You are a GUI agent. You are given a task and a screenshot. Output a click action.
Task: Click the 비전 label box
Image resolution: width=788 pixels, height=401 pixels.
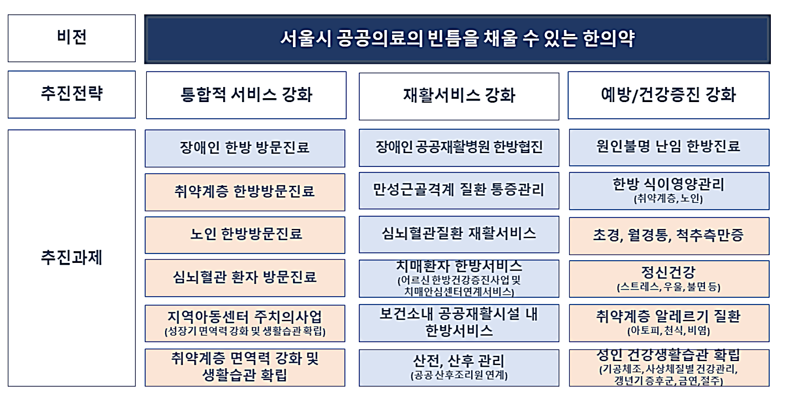coord(71,38)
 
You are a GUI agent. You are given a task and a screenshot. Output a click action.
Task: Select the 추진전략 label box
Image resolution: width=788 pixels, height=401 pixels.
coord(71,94)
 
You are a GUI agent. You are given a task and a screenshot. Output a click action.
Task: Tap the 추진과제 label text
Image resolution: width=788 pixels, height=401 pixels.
coord(71,258)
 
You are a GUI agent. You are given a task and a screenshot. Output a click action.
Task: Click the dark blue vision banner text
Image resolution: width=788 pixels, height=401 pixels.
coord(457,39)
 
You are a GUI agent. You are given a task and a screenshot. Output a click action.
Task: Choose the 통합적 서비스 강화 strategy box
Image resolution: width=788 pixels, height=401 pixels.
coord(246,95)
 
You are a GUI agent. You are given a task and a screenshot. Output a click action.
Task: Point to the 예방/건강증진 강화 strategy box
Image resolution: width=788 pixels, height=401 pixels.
coord(668,95)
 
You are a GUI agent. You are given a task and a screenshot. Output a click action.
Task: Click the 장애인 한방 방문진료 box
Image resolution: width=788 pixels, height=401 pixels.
coord(245,148)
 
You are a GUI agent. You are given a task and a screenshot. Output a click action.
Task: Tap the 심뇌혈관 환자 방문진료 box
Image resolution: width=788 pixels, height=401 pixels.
coord(245,277)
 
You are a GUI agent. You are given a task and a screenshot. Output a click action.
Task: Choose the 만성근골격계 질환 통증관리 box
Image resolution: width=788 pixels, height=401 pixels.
coord(459,191)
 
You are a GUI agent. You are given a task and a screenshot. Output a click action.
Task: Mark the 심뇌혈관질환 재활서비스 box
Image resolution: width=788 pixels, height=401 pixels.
coord(459,234)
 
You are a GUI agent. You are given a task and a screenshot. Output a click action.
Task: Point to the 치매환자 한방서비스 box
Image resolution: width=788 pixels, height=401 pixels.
coord(459,278)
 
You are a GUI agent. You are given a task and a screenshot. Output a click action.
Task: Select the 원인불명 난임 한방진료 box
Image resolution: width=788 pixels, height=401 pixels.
coord(668,147)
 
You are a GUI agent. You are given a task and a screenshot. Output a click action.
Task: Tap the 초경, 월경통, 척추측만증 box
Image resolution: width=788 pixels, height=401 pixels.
coord(668,236)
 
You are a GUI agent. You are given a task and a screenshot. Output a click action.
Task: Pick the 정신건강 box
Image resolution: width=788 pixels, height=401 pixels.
coord(668,278)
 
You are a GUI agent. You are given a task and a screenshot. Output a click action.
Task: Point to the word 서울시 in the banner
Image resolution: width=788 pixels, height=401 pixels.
coord(305,39)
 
